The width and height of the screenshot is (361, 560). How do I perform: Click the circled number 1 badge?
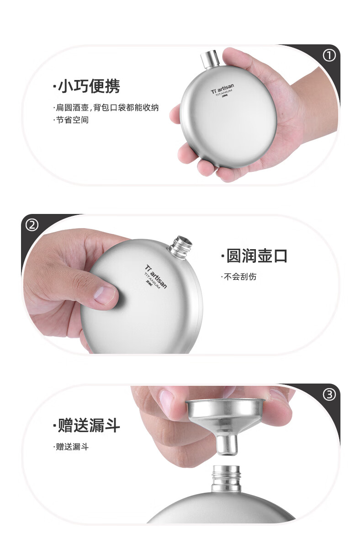coord(329,56)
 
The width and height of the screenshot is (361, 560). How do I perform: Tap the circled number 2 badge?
coord(32,225)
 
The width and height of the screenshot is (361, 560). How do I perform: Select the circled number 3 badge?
coord(329,395)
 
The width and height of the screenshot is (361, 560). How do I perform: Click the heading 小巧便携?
coord(87,86)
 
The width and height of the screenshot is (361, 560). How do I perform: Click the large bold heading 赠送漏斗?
coord(87,425)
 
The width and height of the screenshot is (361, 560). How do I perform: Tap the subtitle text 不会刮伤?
coord(239,277)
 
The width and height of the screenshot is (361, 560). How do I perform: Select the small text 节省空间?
coord(71,120)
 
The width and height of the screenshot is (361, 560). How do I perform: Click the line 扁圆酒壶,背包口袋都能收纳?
coord(106,107)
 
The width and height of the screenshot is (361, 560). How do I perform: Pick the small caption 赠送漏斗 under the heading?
coord(71,447)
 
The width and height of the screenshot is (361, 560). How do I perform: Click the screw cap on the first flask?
coord(210,59)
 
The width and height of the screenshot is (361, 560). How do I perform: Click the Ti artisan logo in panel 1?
coord(223,89)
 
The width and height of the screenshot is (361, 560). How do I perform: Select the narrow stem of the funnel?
coord(226,444)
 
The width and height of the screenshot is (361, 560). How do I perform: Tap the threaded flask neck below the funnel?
coord(226,478)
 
